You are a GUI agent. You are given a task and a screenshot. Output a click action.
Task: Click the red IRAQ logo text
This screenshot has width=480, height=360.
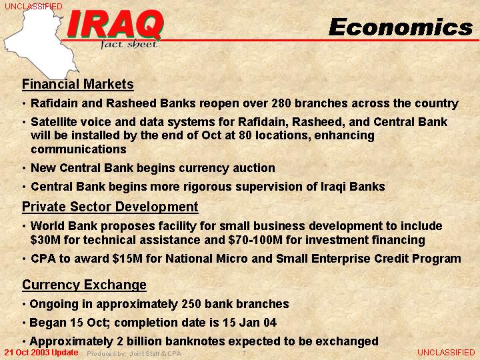pyautogui.click(x=115, y=24)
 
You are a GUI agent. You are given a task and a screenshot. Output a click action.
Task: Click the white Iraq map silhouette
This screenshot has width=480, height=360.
pyautogui.click(x=40, y=43)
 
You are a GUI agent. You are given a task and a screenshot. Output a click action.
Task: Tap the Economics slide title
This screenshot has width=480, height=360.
pyautogui.click(x=401, y=27)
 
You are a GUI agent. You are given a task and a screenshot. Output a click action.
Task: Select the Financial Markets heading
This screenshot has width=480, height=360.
pyautogui.click(x=78, y=84)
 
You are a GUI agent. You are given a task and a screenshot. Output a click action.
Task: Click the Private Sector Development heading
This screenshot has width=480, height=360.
pyautogui.click(x=110, y=207)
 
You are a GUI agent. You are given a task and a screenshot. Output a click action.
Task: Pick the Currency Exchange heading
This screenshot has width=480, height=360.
pyautogui.click(x=84, y=285)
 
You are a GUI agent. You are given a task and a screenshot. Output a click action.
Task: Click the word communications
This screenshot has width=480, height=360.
pyautogui.click(x=79, y=149)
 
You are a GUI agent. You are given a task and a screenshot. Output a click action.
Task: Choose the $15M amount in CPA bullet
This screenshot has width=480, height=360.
pyautogui.click(x=127, y=259)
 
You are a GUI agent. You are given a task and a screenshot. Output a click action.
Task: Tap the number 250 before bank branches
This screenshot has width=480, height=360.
pyautogui.click(x=191, y=304)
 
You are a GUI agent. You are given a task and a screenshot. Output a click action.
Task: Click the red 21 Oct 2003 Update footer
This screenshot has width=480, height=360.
pyautogui.click(x=41, y=353)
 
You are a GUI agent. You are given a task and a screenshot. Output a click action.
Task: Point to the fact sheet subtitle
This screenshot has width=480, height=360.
pyautogui.click(x=129, y=45)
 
